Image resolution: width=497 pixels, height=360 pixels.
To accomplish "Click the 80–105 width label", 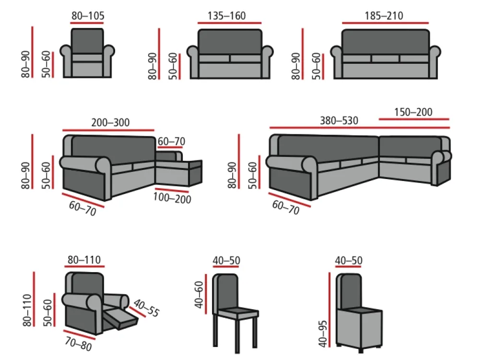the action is [x=88, y=15].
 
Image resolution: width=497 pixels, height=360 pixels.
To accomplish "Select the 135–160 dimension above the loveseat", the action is [x=226, y=15].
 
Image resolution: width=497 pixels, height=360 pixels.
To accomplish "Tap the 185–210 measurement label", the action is [x=384, y=15].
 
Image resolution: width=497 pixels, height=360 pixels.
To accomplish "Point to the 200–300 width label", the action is [x=110, y=122].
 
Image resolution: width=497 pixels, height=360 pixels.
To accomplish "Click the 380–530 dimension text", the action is [x=339, y=120].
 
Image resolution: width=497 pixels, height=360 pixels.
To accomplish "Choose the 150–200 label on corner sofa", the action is [x=413, y=112].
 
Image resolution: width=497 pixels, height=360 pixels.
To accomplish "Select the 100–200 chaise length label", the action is [x=172, y=198].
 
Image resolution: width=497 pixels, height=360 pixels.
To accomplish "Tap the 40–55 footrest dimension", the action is [x=146, y=308].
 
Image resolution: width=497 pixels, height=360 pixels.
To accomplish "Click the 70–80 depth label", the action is [x=78, y=344].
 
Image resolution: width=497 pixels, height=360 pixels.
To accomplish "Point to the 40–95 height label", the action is [x=323, y=334].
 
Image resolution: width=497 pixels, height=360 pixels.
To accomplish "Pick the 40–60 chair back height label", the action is [x=199, y=295].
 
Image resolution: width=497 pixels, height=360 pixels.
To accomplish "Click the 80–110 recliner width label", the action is [x=84, y=260].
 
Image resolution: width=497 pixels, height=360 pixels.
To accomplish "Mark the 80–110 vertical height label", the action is [x=27, y=310].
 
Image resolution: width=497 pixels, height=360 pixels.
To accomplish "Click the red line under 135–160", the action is [x=229, y=23].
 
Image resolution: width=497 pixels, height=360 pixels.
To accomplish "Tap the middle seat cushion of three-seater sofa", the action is [x=385, y=59].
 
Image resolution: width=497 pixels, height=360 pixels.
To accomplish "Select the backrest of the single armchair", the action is [x=87, y=41].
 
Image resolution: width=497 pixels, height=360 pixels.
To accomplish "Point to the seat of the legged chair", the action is [x=236, y=313].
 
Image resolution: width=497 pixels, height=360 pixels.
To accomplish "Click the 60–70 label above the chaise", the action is [x=171, y=141].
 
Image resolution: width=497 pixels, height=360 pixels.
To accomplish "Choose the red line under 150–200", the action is [x=414, y=119].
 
